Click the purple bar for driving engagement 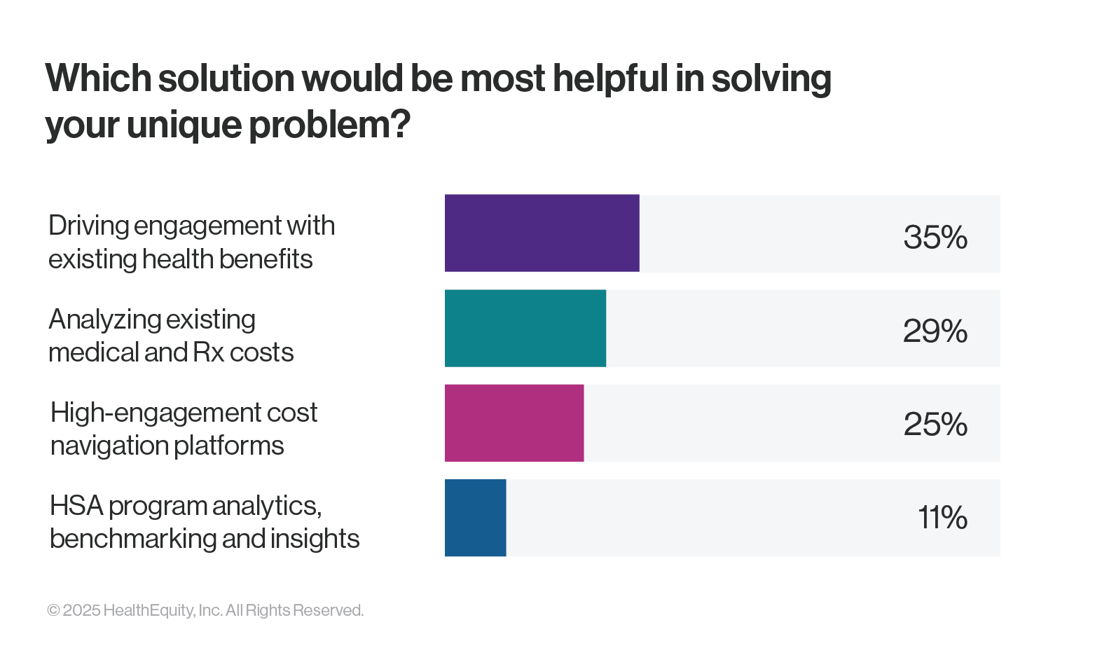click(x=542, y=233)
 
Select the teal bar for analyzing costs click(x=525, y=328)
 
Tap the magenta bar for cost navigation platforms click(x=514, y=423)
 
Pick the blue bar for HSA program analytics click(x=475, y=518)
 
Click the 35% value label click(x=935, y=238)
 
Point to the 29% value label click(x=935, y=331)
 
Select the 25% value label click(x=935, y=425)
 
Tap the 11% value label click(x=942, y=518)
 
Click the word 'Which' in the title click(x=97, y=78)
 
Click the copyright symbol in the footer click(x=53, y=610)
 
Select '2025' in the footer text click(x=82, y=610)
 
